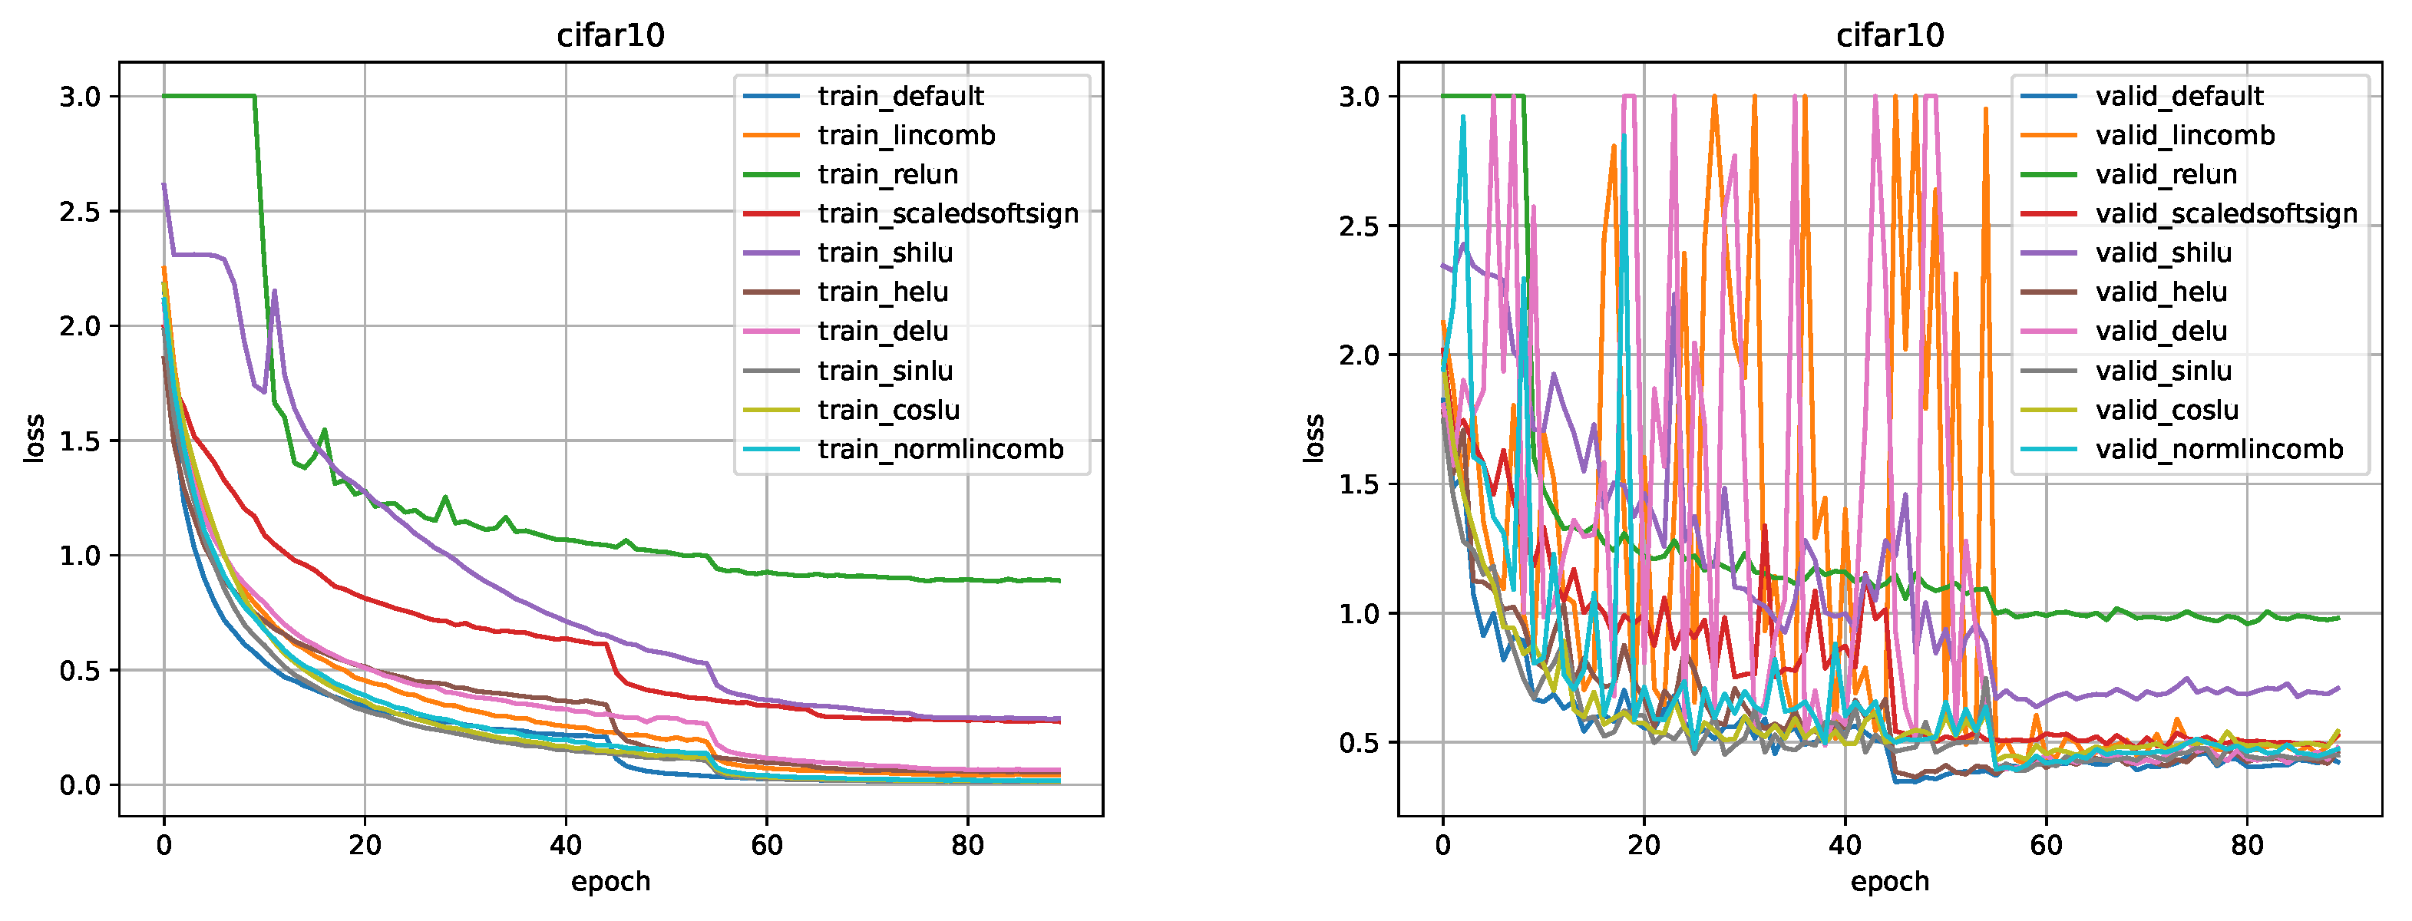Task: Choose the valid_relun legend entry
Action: pos(2166,174)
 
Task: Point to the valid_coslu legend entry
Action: pos(2166,410)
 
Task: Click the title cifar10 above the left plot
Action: pos(610,35)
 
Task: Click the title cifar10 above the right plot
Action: pos(1889,35)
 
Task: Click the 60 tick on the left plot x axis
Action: pos(767,845)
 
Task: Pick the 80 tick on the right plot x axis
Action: pos(2247,845)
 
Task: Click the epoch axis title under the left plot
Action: pos(610,882)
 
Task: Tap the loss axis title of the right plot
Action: pos(1313,438)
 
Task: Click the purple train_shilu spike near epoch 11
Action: pos(274,292)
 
